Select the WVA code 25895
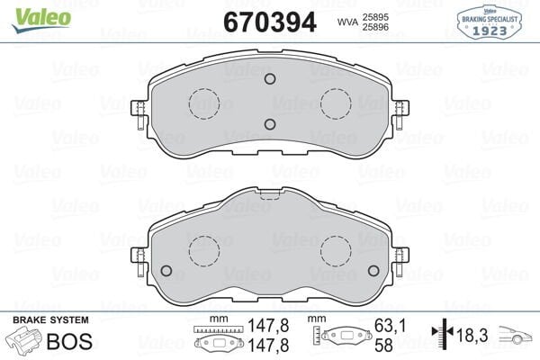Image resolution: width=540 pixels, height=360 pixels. click(x=376, y=15)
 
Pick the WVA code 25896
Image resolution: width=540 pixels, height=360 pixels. click(x=376, y=27)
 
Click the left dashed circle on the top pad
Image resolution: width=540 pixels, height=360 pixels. click(x=203, y=103)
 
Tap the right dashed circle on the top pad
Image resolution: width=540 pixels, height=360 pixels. click(x=336, y=103)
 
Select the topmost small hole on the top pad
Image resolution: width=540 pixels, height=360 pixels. click(x=269, y=79)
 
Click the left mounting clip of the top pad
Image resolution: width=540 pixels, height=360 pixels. click(x=139, y=112)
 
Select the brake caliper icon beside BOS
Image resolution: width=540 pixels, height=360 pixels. click(x=25, y=342)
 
